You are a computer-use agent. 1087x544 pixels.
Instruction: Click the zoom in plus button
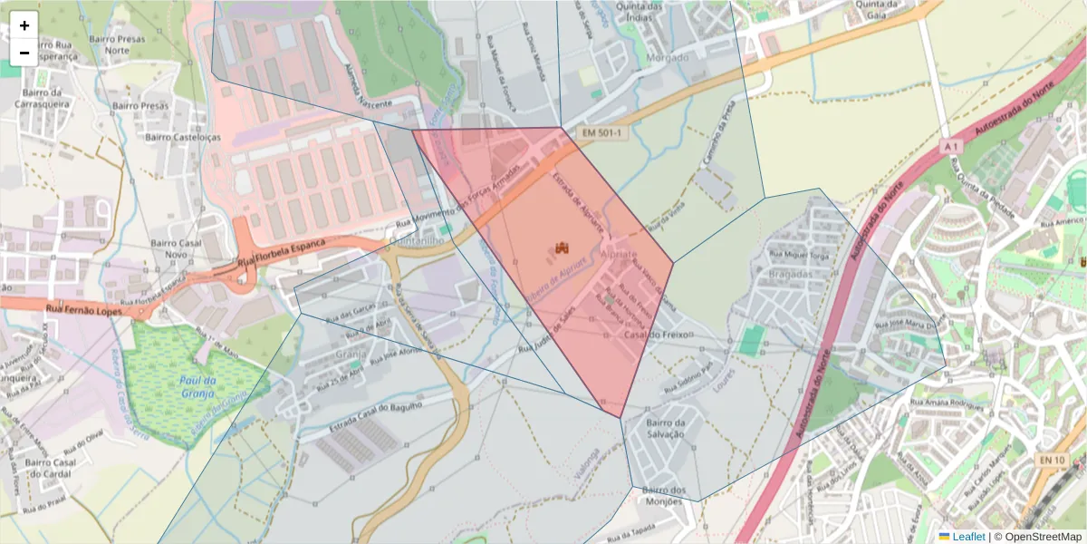24,25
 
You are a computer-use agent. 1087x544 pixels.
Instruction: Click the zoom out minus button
24,53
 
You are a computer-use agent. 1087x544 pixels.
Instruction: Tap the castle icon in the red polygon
562,248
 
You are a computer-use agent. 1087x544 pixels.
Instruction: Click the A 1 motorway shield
949,146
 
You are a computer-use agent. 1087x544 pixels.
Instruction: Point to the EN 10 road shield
1052,461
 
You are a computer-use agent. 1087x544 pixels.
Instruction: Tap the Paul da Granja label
197,387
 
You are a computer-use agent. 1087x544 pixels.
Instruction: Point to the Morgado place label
669,57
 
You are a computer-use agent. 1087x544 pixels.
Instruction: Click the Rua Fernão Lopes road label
84,309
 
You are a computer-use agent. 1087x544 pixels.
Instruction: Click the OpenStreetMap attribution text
1037,537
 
